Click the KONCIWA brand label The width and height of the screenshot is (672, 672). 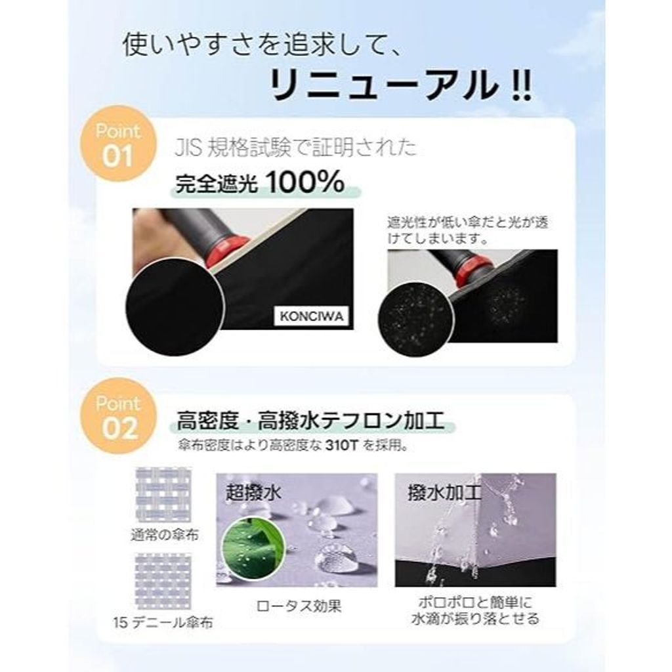(x=311, y=318)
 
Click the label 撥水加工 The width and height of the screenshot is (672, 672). (x=444, y=493)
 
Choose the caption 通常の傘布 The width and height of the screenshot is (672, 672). (x=164, y=535)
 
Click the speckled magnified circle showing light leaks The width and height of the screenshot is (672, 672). (x=415, y=319)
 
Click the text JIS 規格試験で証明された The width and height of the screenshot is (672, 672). (x=295, y=148)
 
